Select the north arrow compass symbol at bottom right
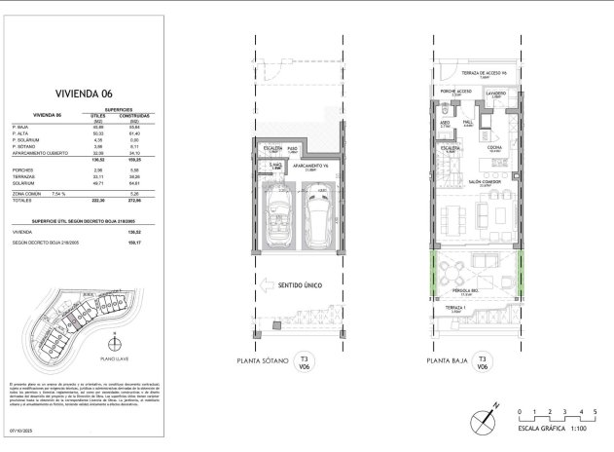pyautogui.click(x=485, y=420)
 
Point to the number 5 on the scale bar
pyautogui.click(x=595, y=410)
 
